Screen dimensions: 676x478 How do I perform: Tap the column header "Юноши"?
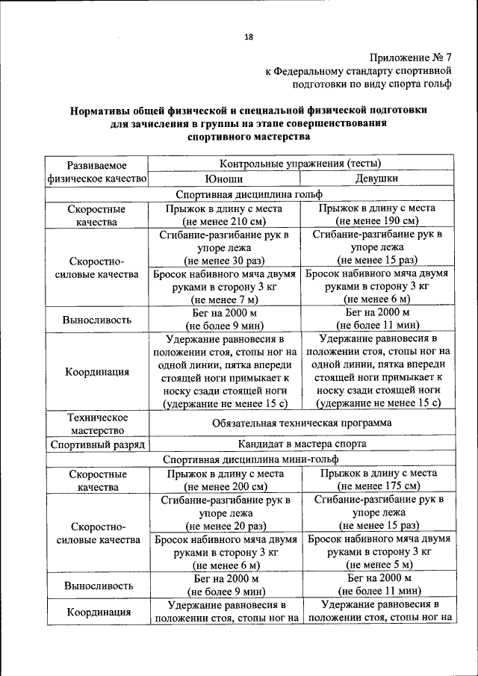pos(224,179)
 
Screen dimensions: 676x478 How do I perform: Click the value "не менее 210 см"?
pos(224,222)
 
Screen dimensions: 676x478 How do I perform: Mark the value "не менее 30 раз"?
pos(224,261)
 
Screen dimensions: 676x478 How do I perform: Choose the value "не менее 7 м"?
pos(224,299)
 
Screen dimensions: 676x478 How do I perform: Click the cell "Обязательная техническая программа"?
pos(300,423)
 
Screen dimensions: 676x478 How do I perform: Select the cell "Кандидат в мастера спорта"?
pos(300,444)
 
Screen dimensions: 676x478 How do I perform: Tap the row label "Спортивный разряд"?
pos(97,444)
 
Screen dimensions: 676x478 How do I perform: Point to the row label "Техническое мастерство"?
pos(97,423)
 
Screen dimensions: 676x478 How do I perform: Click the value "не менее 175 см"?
pos(377,487)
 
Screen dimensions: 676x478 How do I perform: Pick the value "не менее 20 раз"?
pos(224,526)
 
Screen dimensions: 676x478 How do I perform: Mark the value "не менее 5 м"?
pos(377,565)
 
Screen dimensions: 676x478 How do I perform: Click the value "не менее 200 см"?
pos(224,487)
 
